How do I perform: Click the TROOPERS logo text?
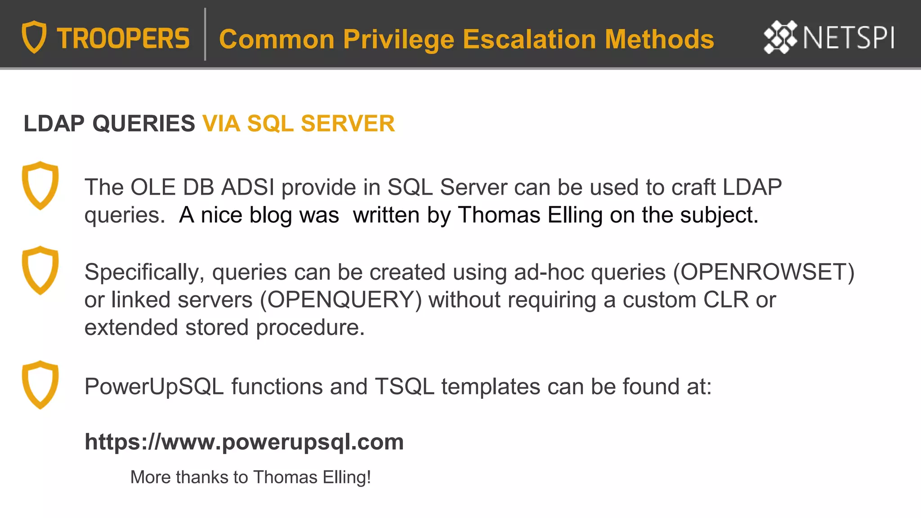click(123, 39)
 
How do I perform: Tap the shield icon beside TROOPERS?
click(34, 37)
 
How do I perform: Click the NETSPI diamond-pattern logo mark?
click(780, 37)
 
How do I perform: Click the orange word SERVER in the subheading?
click(348, 124)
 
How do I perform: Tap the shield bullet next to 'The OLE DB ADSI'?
click(40, 185)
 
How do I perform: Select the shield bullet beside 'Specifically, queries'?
click(40, 270)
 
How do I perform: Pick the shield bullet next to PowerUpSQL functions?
click(40, 385)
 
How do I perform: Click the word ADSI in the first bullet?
click(248, 187)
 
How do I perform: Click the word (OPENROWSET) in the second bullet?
click(764, 272)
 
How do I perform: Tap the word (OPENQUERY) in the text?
click(341, 300)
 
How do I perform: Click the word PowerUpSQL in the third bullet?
click(154, 387)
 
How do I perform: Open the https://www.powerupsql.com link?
click(244, 442)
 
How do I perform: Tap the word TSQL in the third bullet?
click(404, 387)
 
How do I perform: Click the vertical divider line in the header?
click(205, 34)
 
